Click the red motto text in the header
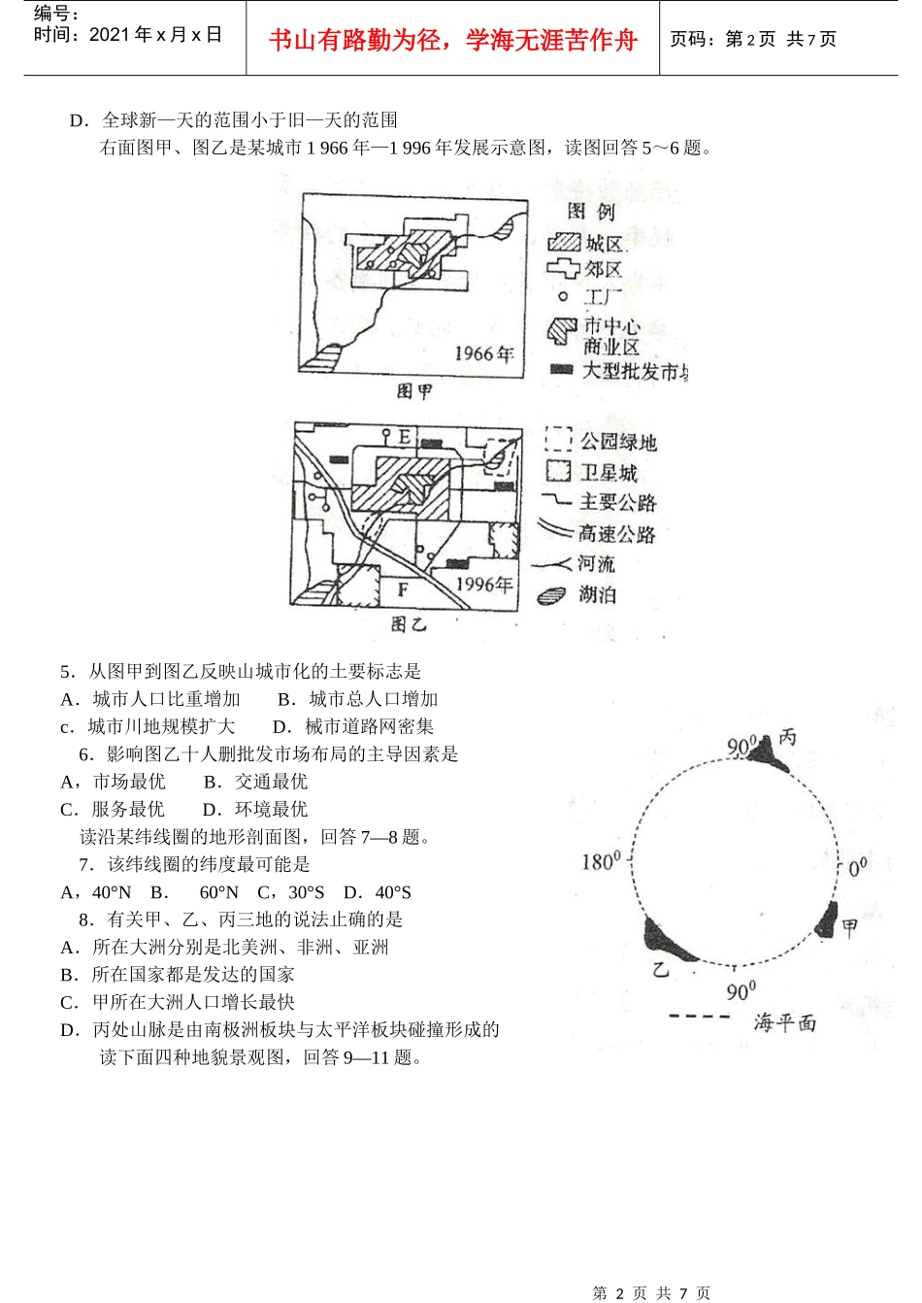tap(452, 40)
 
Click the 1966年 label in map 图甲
tap(482, 353)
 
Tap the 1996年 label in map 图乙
tap(483, 585)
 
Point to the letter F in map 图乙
tap(403, 589)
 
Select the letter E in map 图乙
tap(405, 437)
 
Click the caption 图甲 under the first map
tap(414, 391)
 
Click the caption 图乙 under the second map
tap(409, 623)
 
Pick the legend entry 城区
tap(605, 244)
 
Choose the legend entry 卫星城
tap(609, 473)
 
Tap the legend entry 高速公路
tap(617, 533)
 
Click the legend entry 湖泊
tap(598, 594)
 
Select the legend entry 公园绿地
tap(618, 442)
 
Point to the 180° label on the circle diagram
tap(601, 861)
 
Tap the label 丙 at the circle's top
tap(787, 737)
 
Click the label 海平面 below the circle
tap(784, 1022)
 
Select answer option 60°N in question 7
tap(218, 892)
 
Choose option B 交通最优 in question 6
tap(256, 782)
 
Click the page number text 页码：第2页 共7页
tap(753, 40)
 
